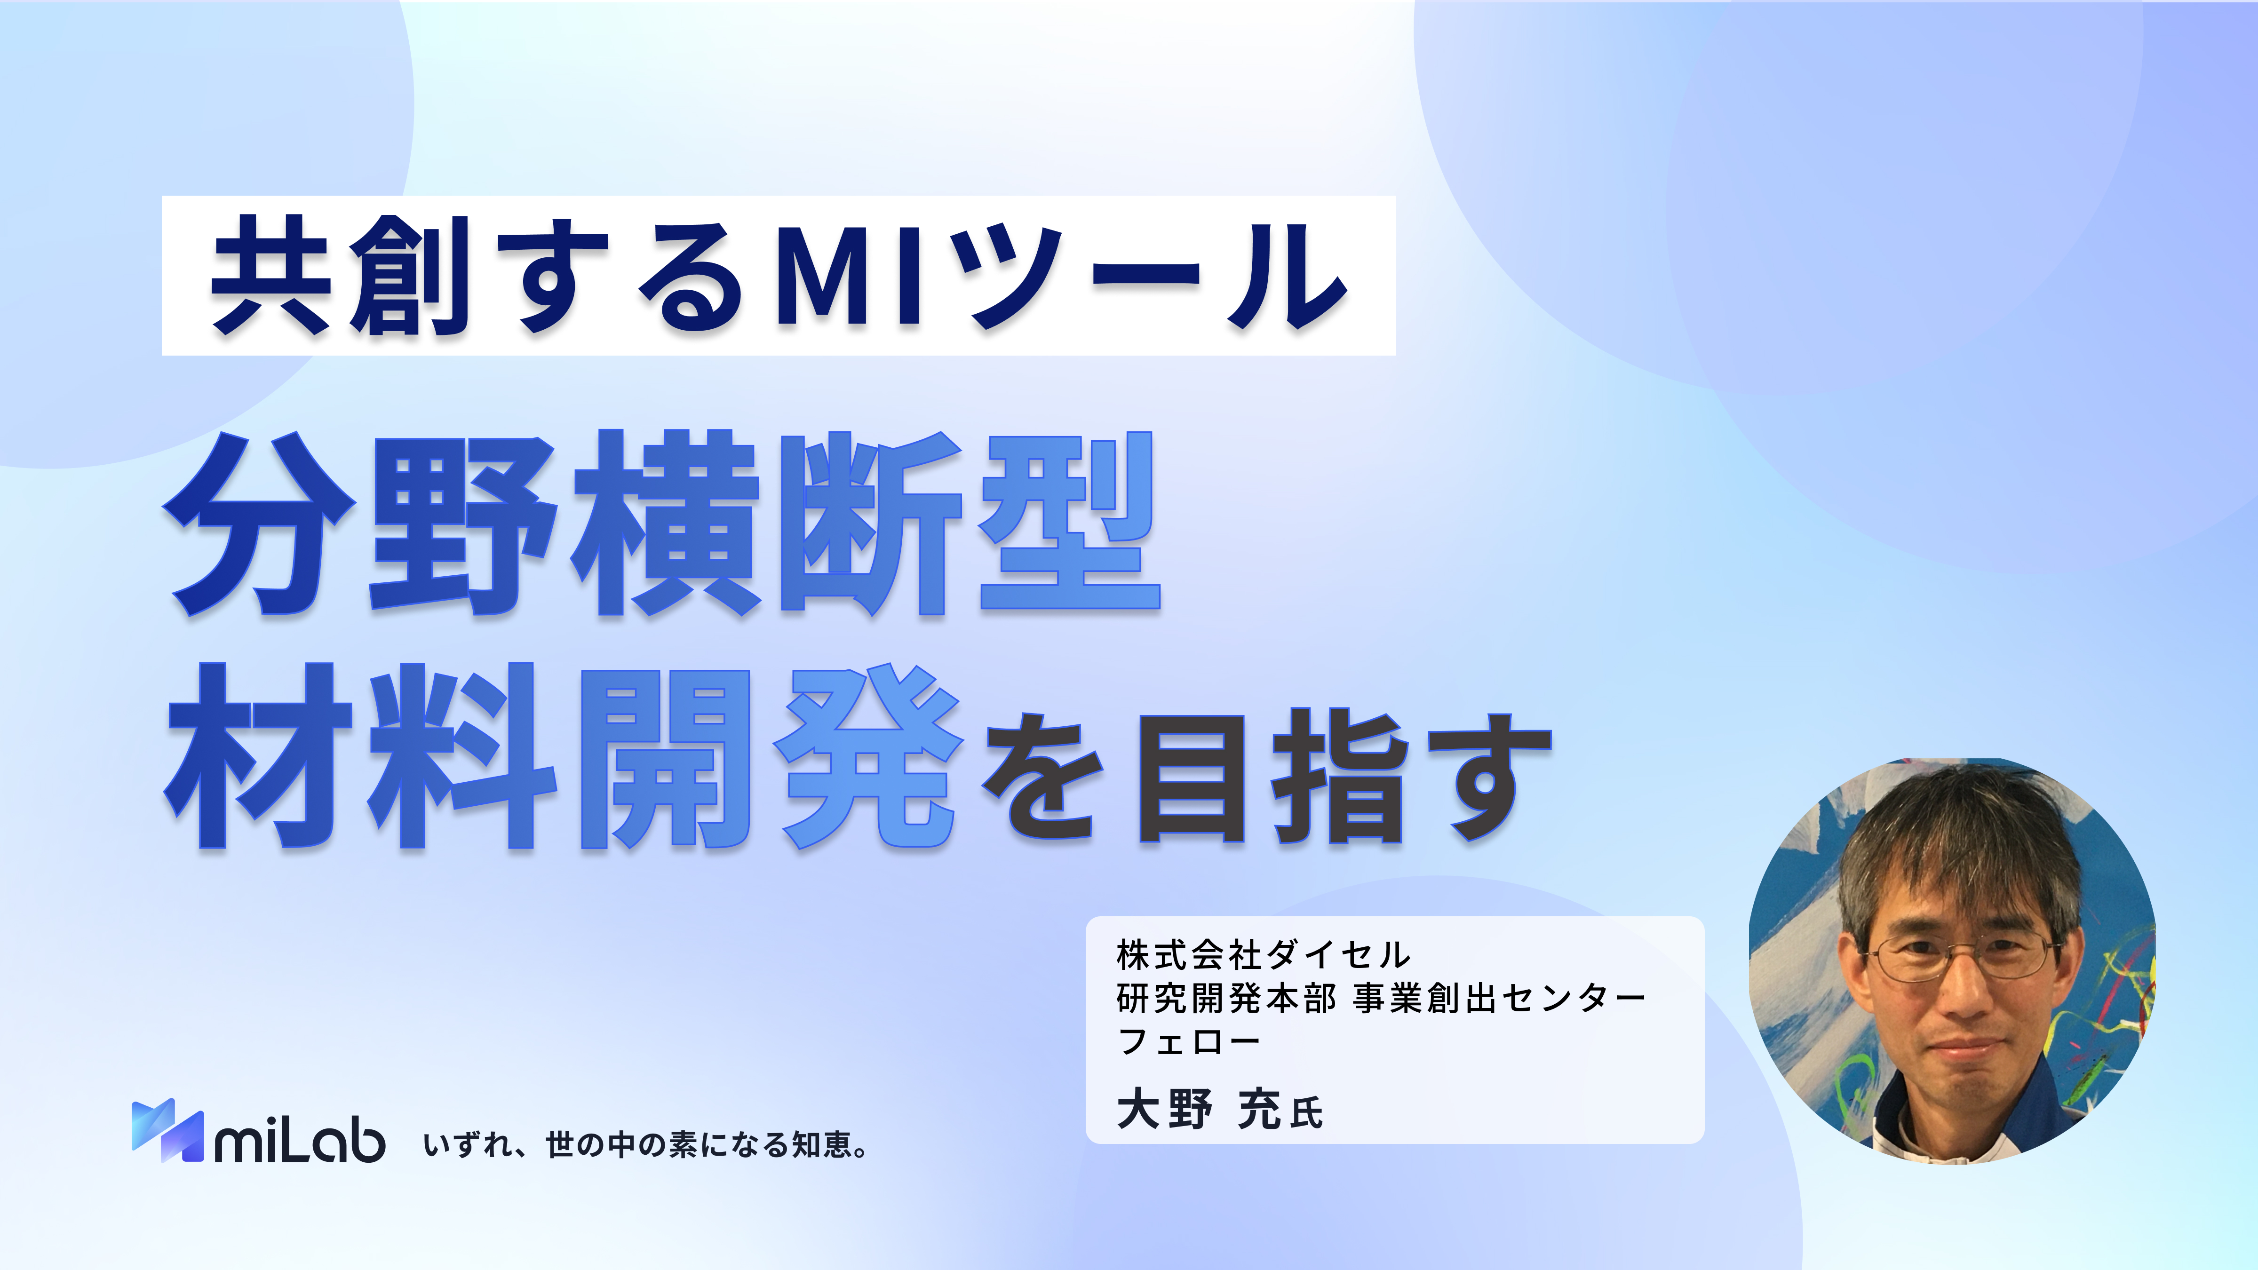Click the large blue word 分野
(359, 523)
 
